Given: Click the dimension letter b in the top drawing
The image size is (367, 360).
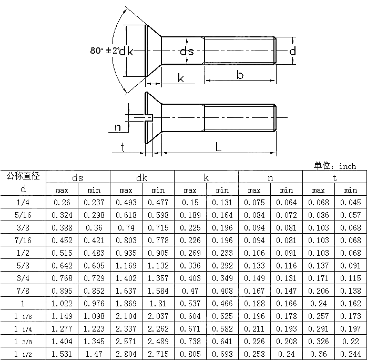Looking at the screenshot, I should pos(240,75).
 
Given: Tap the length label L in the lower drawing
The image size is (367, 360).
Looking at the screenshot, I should pos(218,147).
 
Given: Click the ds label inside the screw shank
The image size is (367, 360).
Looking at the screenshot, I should pos(187,51).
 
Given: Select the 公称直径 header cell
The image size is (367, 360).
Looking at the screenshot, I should pos(23,176).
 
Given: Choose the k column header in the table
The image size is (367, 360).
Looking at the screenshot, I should pos(206,177).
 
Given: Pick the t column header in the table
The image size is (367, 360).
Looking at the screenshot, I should pos(334,177).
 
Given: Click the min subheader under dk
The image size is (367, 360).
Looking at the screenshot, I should pos(158,190).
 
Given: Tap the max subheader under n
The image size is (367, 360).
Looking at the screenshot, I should pos(254,190).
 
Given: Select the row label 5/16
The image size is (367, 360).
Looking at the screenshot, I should pos(23,215).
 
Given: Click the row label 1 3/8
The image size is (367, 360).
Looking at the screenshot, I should pos(23,341).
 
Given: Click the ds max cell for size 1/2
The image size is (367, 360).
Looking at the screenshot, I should pos(62,253).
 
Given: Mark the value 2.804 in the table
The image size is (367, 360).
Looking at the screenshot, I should pos(126,354).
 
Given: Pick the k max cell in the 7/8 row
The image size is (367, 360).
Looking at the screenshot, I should pos(190,291).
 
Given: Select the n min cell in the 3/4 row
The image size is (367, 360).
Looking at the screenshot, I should pos(287,278).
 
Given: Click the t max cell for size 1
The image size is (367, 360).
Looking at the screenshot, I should pos(319,303).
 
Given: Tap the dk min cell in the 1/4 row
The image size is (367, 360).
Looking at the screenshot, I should pos(158,202).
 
